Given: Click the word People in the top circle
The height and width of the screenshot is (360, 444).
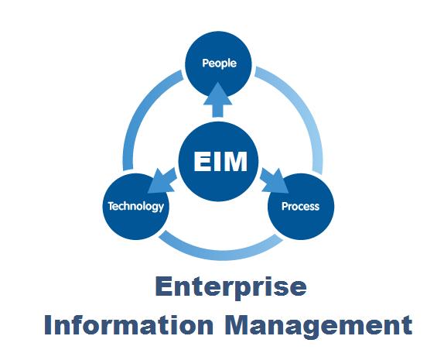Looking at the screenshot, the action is pos(219,63).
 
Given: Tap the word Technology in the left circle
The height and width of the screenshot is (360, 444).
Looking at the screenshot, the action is pos(136,207).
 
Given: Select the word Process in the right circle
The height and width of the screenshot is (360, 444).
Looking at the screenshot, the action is pos(300,207).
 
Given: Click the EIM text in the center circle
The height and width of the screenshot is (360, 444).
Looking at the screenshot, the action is pos(220,161).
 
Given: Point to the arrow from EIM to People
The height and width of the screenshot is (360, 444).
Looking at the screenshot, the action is pos(218,99).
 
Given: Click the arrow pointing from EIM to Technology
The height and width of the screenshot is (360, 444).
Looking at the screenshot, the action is pos(162,180).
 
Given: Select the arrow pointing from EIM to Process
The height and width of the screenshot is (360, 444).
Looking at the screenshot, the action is pos(274,180).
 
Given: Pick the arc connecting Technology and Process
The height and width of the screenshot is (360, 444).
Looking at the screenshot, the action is pos(220,253).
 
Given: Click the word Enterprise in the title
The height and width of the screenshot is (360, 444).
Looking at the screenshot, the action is pos(231,287).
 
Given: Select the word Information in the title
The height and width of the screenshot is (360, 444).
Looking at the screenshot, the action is pos(129,325).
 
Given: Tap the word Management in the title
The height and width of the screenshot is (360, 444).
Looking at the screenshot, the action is pos(319,327).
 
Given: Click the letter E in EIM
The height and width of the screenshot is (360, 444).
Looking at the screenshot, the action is pos(203,161).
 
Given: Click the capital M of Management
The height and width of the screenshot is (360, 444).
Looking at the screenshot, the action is pos(237,325).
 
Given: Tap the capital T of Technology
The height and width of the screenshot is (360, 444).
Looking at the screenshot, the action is pos(111,206).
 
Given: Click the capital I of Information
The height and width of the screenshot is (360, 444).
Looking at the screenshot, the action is pos(48,325).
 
